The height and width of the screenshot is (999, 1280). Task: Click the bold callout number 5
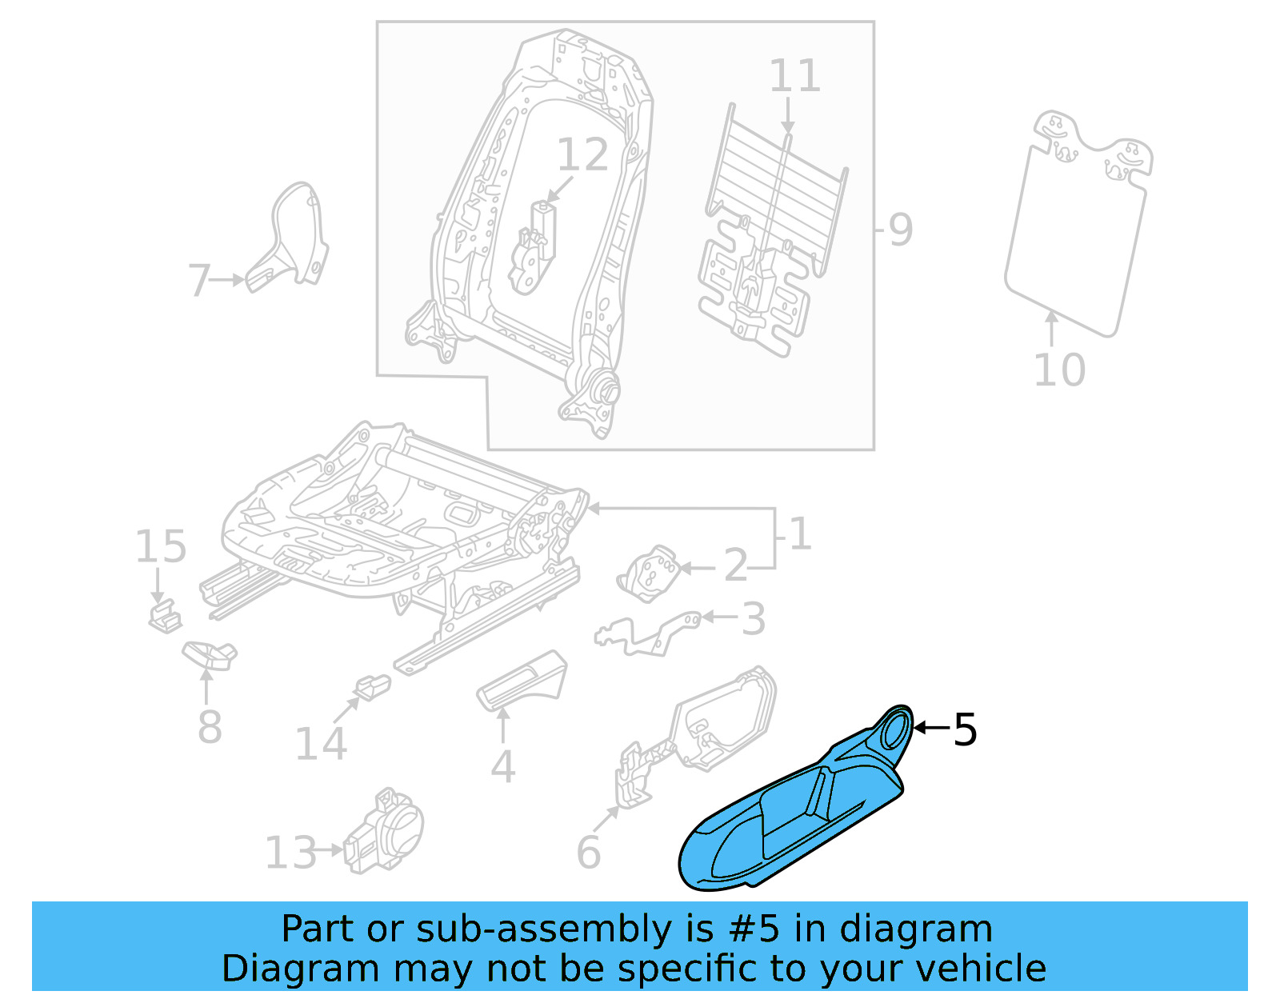(x=965, y=729)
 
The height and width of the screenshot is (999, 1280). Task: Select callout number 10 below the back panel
(x=1059, y=370)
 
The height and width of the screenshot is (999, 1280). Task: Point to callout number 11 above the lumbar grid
(x=794, y=77)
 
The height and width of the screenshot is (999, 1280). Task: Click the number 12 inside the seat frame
(x=582, y=155)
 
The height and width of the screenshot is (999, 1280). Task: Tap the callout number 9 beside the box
(x=900, y=230)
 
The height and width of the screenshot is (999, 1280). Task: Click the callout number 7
(x=198, y=281)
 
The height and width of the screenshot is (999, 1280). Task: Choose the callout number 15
(x=160, y=547)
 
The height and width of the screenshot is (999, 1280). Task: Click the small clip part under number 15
(x=164, y=617)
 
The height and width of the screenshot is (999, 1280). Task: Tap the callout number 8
(x=209, y=727)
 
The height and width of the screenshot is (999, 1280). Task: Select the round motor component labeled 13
(x=388, y=832)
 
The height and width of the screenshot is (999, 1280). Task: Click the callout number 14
(x=320, y=744)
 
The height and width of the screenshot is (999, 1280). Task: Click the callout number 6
(x=588, y=853)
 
